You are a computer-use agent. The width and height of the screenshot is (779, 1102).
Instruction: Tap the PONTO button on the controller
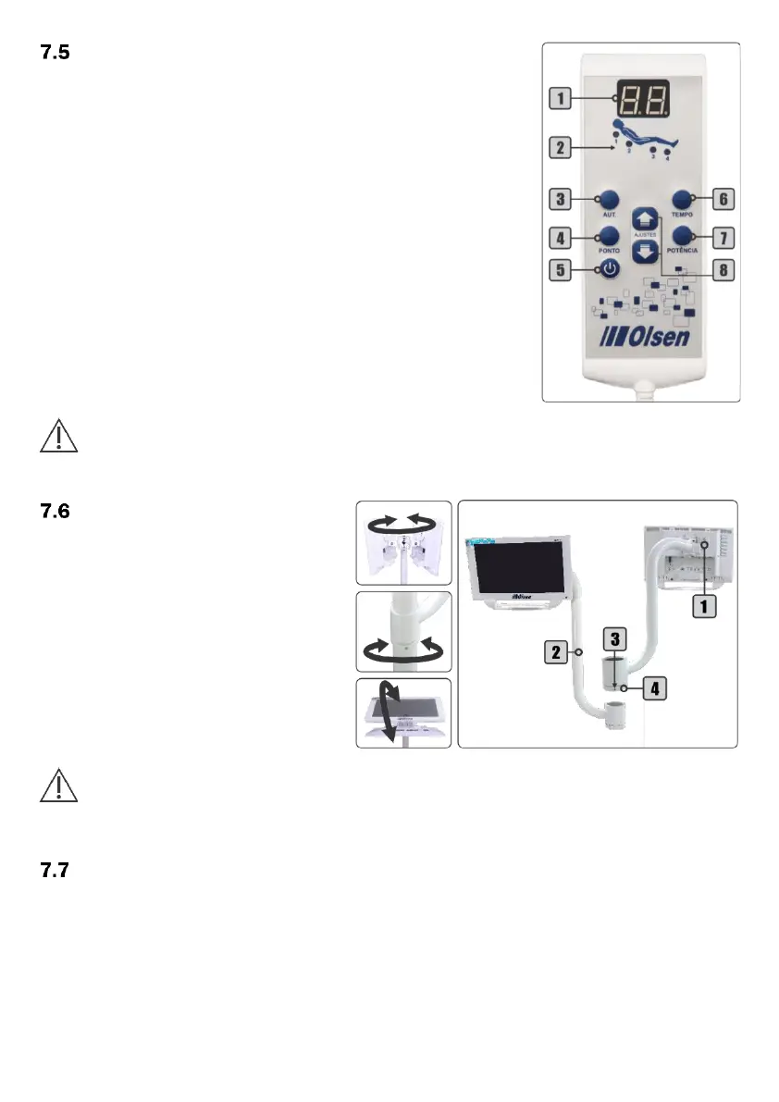point(608,236)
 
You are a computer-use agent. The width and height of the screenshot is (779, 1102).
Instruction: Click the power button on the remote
point(608,270)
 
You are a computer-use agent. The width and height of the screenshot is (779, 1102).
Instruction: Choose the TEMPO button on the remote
point(683,199)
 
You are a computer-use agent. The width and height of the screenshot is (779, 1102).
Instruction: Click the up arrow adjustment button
point(646,219)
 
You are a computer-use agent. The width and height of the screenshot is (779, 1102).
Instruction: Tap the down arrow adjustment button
point(646,254)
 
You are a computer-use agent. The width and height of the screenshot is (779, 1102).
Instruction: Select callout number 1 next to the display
point(559,94)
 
